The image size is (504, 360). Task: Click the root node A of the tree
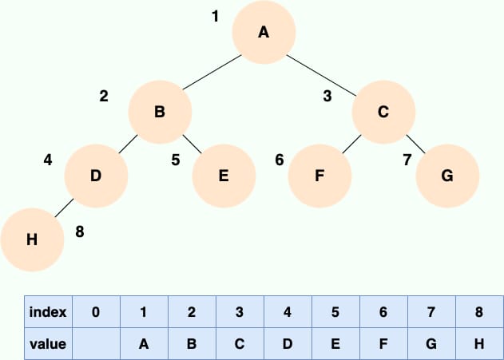264,32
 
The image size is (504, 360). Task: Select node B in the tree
160,112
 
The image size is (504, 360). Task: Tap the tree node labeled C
383,112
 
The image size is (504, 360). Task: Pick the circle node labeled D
96,176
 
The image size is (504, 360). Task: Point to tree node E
224,176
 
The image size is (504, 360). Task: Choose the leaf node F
319,176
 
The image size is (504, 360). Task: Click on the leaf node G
447,176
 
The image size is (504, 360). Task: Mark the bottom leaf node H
32,239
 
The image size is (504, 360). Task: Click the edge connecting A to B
212,73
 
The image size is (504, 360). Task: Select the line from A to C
321,76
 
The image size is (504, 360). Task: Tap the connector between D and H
64,208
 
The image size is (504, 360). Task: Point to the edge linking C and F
351,144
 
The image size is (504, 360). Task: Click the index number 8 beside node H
80,231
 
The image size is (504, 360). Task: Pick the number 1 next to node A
216,16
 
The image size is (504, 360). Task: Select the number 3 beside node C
327,96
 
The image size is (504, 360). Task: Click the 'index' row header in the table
48,312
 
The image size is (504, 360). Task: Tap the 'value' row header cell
48,344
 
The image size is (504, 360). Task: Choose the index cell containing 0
96,312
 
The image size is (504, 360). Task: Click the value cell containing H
479,344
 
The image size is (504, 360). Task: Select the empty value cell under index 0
96,344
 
